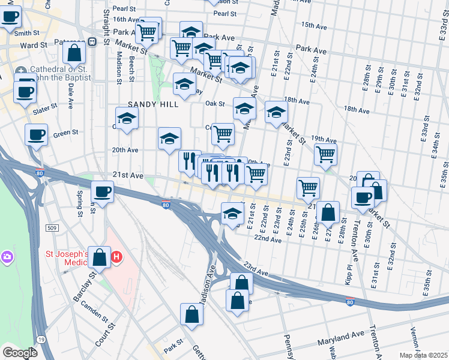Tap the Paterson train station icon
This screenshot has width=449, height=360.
tap(92, 42)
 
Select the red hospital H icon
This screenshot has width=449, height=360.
tap(117, 257)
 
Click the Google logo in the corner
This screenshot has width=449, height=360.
tap(19, 353)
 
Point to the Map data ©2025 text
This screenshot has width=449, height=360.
tap(424, 355)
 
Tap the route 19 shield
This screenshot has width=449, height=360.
tap(40, 340)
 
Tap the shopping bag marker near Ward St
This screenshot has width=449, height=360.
tap(74, 52)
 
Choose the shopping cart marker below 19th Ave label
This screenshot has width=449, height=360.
tap(325, 154)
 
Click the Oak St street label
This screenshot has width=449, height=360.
tap(214, 103)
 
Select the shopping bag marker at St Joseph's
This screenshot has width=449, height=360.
tap(100, 257)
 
